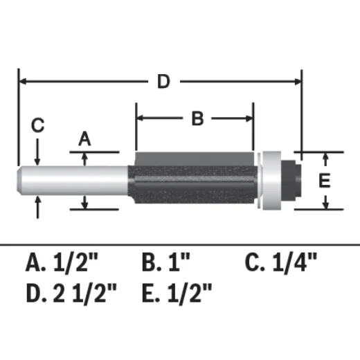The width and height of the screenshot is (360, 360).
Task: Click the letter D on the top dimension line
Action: [x=163, y=82]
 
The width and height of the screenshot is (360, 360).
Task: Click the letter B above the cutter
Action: [x=197, y=119]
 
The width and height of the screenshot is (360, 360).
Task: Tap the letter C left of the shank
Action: [x=38, y=126]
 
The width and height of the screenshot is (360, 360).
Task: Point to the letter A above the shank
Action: [x=84, y=139]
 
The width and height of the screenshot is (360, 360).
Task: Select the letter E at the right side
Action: [x=324, y=181]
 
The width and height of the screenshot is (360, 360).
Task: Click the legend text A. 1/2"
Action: [x=62, y=262]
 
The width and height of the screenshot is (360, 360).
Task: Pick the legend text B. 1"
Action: [x=166, y=262]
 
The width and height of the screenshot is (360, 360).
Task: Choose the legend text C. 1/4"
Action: [x=282, y=262]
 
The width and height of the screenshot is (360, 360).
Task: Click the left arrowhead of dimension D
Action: [x=24, y=82]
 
